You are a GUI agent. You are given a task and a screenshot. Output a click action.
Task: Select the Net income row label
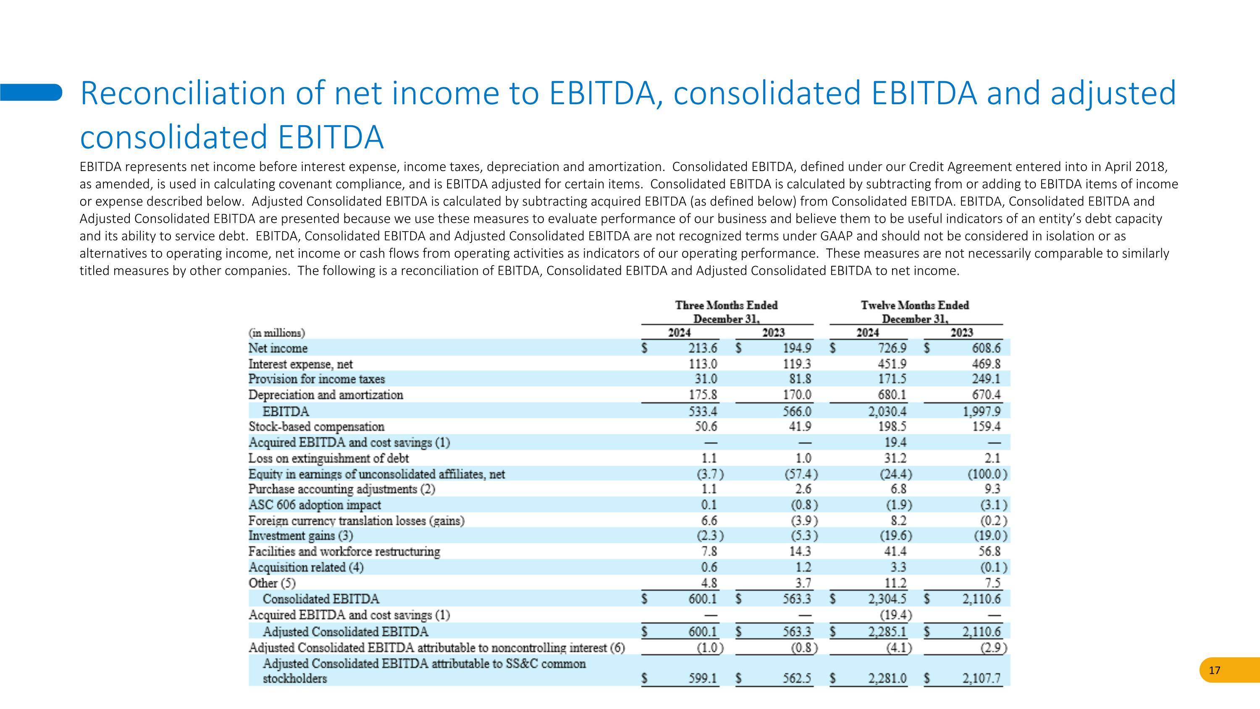click(x=278, y=348)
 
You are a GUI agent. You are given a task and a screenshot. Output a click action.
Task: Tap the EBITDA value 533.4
click(x=703, y=411)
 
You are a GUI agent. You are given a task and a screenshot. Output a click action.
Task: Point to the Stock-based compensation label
click(x=316, y=427)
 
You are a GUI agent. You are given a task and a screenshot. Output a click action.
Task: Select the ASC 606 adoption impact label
click(x=315, y=505)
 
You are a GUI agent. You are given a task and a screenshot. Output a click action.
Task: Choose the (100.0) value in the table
click(x=988, y=474)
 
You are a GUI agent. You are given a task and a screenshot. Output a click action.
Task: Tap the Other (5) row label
click(x=272, y=583)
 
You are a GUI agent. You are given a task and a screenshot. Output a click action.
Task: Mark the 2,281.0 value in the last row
click(x=887, y=679)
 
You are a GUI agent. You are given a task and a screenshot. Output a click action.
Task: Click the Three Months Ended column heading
click(x=726, y=305)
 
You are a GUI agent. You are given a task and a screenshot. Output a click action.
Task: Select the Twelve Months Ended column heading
click(x=915, y=305)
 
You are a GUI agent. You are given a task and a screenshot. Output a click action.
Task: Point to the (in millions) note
click(x=276, y=333)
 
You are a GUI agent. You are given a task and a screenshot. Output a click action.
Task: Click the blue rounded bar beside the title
click(x=31, y=92)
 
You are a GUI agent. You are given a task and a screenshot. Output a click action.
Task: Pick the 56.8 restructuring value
click(x=990, y=551)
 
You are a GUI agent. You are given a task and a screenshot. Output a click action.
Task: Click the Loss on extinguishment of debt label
click(x=329, y=459)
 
